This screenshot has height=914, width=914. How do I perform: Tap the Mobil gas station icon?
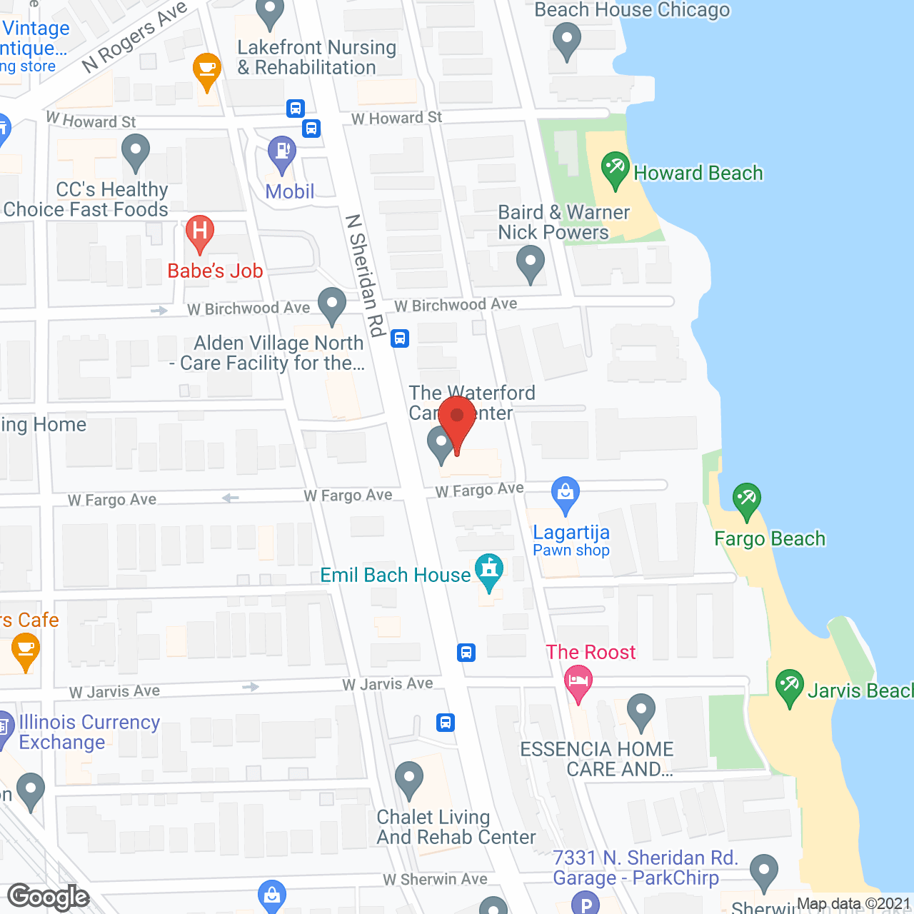coord(282,153)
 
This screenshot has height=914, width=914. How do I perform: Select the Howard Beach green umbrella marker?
coord(615,170)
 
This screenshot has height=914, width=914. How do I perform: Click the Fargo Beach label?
coord(770,538)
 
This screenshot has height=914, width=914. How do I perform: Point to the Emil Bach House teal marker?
coord(489,571)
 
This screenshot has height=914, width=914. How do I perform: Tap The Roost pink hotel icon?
coord(578,681)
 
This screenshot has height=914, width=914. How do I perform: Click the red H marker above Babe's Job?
coord(200,232)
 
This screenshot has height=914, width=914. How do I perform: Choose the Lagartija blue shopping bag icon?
coord(566,493)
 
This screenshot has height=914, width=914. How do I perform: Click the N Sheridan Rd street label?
coord(365,275)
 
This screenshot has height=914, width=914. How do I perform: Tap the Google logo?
coord(49,897)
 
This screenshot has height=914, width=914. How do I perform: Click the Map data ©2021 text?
coord(853,904)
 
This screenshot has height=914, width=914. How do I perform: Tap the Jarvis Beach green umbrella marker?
coord(790,686)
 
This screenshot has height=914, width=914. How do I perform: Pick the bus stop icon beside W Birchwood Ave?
coord(400,338)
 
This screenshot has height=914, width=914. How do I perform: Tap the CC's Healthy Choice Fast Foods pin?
coord(135,153)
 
